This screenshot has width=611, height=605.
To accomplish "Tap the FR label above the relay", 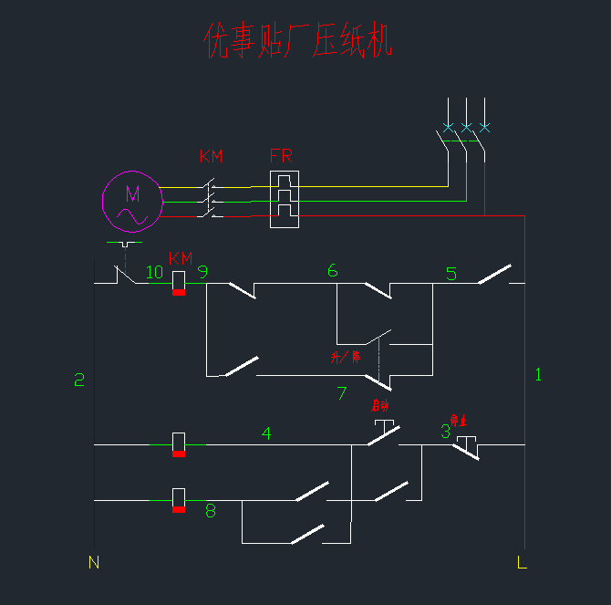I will pos(281,156).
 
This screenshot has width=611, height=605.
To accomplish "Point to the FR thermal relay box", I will pos(285,200).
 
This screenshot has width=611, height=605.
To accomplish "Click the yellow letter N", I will pos(93,562).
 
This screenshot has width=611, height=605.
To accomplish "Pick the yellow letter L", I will pos(522,562).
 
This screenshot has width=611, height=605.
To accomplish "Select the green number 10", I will pos(154,272).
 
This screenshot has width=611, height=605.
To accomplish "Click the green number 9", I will pos(202,272).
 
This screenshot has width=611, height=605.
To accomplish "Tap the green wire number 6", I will pos(332,271).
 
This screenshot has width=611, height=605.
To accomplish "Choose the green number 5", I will pos(450,273).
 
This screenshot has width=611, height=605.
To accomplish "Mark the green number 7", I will pos(342,393).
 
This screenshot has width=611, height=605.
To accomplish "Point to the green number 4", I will pos(266,433).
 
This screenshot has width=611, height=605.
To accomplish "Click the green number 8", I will pos(211,511).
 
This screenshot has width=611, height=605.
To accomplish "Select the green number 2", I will pos(79,381).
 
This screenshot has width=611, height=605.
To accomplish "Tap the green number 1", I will pos(538,374).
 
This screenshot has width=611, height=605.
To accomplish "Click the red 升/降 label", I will pos(346,357).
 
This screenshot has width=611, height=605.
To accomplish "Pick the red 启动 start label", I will pos(380,405).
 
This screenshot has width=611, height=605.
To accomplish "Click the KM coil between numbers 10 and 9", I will pos(179,283).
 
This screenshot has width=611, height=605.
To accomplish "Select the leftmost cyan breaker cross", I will pos(448,127).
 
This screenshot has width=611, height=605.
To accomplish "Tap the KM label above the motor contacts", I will pos(211,156).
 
